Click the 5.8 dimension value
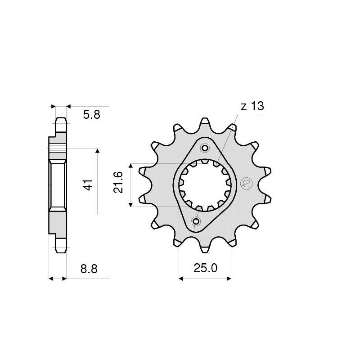click(x=91, y=115)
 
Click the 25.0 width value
click(x=206, y=269)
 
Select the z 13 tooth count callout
click(x=252, y=107)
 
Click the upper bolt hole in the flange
click(x=205, y=148)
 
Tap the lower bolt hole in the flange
click(x=196, y=221)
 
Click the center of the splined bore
click(x=205, y=185)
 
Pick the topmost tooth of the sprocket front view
click(x=205, y=122)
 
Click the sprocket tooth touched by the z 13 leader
click(x=232, y=129)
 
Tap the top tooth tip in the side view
click(x=61, y=121)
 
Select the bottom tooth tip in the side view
click(x=61, y=246)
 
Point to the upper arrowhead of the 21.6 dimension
click(x=131, y=166)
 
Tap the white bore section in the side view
click(x=58, y=184)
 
